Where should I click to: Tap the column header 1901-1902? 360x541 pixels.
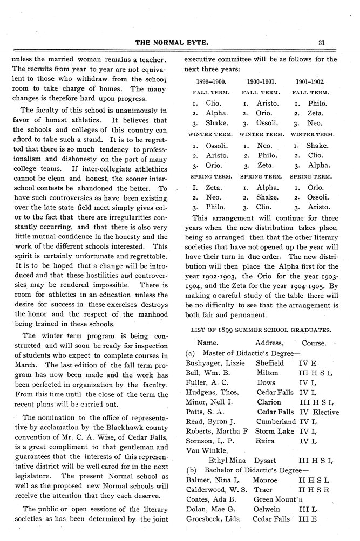click(x=309, y=83)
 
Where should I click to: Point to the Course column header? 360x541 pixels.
click(x=314, y=342)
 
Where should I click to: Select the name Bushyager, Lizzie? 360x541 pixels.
click(x=215, y=363)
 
